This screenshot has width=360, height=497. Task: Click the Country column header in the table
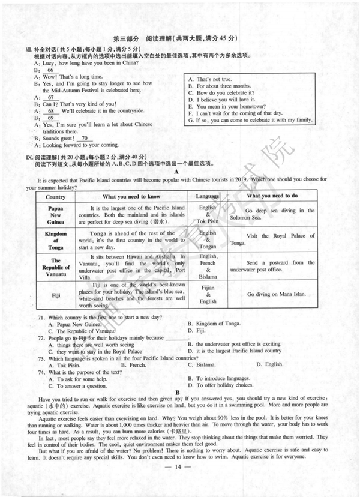coord(55,196)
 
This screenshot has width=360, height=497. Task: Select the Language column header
coord(208,196)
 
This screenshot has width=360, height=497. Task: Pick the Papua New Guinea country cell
coord(55,215)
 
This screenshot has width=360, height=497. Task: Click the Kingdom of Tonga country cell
coord(55,240)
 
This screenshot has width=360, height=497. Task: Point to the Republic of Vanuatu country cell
coord(55,267)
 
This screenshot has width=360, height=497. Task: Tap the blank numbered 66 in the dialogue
coord(50,70)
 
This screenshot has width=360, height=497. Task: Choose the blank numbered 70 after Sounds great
coord(85,138)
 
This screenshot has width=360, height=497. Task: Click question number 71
coord(41,317)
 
